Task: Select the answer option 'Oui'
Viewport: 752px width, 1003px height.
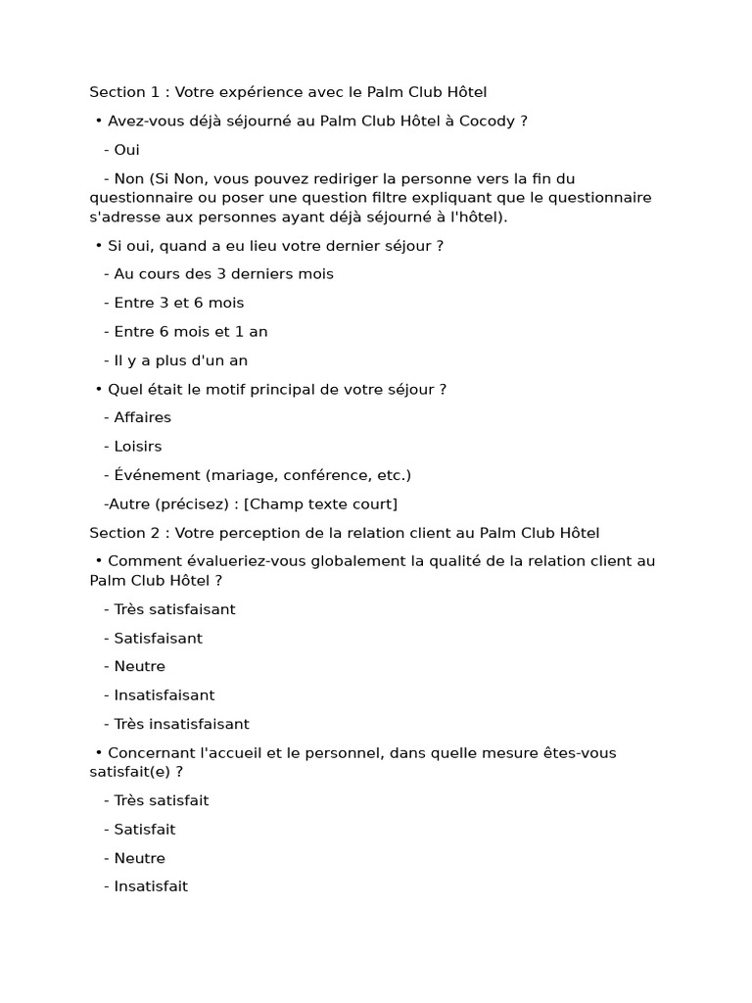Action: (x=126, y=150)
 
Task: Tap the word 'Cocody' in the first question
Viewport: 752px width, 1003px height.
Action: (x=490, y=121)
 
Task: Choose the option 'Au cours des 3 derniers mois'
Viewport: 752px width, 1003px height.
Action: (x=223, y=274)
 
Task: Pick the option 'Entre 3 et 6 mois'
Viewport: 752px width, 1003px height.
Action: (x=178, y=303)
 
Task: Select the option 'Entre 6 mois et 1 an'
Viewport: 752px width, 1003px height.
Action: (x=190, y=332)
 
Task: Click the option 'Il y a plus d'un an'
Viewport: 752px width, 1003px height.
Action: (x=180, y=360)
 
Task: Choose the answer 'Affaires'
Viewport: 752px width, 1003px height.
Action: (x=142, y=417)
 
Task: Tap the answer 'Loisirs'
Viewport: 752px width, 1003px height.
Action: (x=138, y=447)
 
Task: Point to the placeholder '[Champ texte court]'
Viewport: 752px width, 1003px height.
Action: (x=320, y=504)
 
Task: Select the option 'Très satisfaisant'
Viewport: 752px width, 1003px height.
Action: (x=174, y=609)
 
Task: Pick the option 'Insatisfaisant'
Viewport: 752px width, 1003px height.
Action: (x=164, y=695)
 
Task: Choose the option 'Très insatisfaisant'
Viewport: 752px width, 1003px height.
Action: (x=181, y=725)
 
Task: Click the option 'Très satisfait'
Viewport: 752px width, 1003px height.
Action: (x=161, y=800)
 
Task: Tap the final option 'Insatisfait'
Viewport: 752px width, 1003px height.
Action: (x=151, y=886)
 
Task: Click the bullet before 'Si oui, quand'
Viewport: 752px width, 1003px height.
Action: (x=99, y=246)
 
